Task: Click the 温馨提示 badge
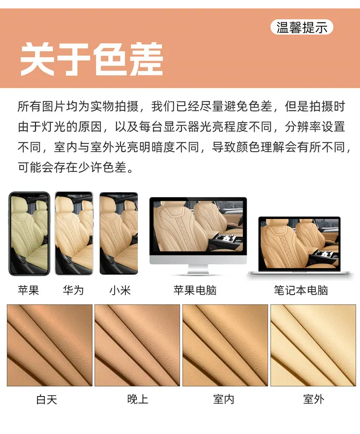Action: coord(301,27)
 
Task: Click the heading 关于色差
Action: coord(92,59)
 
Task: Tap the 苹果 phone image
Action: coord(29,234)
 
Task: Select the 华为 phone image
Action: coord(74,233)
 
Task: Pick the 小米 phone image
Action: coord(119,233)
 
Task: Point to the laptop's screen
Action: coord(299,244)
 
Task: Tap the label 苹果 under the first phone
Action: coord(28,290)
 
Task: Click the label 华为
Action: coord(73,290)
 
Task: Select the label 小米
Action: coord(120,290)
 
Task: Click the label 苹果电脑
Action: coord(195,290)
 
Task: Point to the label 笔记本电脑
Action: coord(301,290)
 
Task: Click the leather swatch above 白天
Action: coord(49,345)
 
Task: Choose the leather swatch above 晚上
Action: coord(137,345)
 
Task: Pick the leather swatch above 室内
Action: coord(225,345)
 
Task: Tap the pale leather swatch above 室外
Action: coord(313,345)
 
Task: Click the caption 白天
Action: coord(47,399)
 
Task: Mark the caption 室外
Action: coord(314,399)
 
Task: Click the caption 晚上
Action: coord(138,399)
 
